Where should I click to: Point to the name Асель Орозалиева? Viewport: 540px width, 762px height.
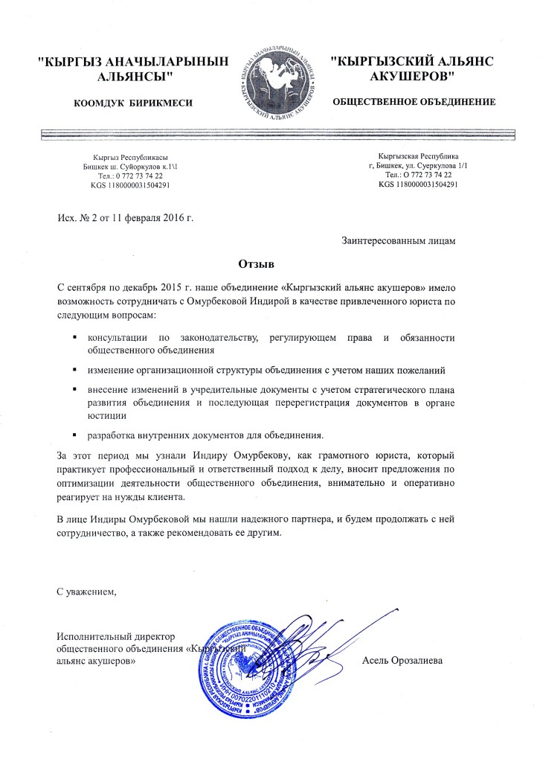point(408,660)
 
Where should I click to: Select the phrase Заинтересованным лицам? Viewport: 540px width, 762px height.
point(399,240)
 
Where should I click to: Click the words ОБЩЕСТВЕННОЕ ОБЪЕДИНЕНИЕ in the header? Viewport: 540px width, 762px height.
point(414,100)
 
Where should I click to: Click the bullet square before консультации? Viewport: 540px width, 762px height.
point(75,337)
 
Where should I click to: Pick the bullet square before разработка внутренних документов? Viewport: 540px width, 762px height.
point(75,433)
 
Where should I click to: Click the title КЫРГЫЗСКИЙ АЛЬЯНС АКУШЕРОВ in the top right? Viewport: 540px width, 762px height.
point(412,68)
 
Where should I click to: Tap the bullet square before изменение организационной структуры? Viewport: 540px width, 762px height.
point(75,369)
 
